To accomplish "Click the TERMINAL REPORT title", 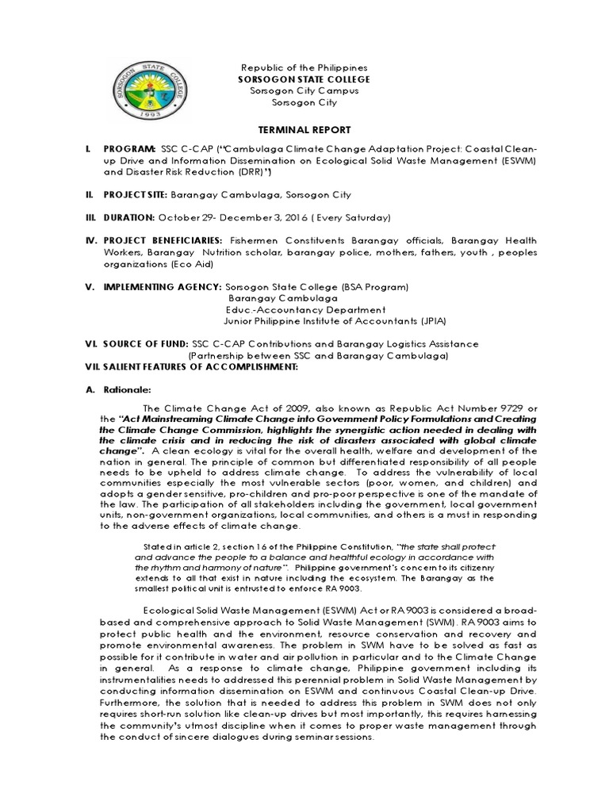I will point(304,128).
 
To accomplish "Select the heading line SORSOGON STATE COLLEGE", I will point(304,79).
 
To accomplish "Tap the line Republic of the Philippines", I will point(304,68).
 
